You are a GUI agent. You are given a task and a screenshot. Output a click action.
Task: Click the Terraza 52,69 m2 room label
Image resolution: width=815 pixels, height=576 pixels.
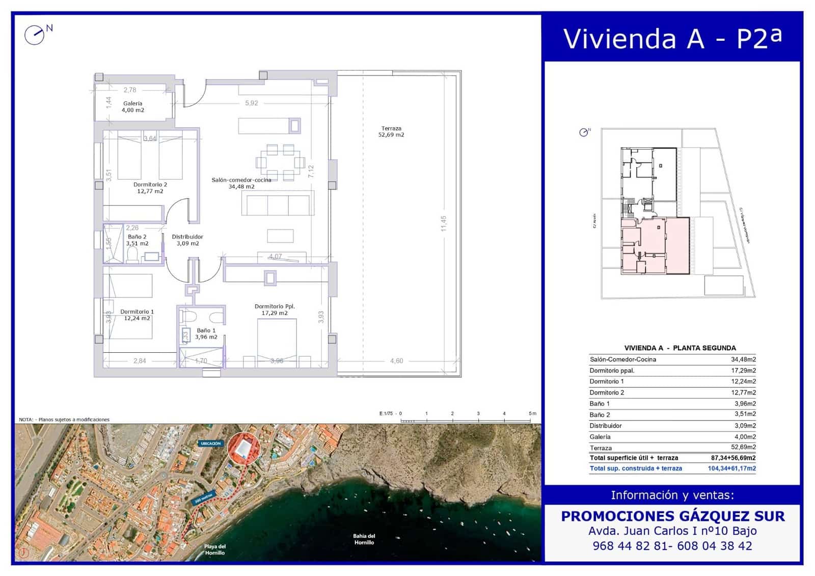[x=391, y=132]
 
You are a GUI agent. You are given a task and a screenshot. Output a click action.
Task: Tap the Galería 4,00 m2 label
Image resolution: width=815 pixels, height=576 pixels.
[x=132, y=107]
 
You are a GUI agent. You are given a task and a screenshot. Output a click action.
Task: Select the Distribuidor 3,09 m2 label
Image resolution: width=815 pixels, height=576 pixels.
[x=187, y=240]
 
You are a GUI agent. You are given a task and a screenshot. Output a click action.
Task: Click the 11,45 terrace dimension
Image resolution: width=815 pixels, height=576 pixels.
[x=444, y=223]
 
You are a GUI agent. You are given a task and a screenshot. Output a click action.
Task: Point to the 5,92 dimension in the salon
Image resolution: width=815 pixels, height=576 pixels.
[x=252, y=103]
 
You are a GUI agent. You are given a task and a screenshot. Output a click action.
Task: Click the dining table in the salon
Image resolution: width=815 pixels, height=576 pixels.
[x=280, y=163]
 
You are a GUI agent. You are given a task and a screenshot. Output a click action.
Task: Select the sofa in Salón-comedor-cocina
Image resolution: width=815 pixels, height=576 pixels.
[x=278, y=204]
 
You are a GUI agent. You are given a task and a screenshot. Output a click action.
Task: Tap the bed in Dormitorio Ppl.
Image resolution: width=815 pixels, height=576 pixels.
[x=277, y=343]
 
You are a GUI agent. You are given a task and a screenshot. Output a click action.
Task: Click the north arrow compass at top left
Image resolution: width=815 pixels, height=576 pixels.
[x=35, y=35]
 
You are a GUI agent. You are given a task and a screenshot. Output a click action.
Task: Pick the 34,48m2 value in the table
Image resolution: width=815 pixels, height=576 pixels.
[x=743, y=359]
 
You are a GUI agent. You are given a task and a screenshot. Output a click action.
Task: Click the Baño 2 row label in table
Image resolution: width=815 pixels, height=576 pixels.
[x=600, y=414]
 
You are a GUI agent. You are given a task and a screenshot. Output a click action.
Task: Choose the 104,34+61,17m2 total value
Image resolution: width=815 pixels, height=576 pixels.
[x=731, y=468]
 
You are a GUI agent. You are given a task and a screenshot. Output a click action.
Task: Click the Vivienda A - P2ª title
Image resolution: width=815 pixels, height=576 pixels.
[x=672, y=38]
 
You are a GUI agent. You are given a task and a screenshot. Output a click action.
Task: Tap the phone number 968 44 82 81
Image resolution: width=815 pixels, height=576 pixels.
[x=630, y=546]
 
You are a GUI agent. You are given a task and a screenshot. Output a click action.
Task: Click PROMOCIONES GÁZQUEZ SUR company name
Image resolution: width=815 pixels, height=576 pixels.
[x=672, y=516]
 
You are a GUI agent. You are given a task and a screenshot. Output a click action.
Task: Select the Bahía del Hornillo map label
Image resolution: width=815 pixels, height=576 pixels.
[x=364, y=539]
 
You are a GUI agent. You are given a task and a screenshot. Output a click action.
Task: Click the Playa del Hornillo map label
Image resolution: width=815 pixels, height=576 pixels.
[x=214, y=549]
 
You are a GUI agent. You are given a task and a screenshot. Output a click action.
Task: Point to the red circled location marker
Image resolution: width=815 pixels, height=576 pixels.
[x=243, y=449]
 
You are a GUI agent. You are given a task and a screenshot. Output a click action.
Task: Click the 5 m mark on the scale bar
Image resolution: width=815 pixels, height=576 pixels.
[x=532, y=414]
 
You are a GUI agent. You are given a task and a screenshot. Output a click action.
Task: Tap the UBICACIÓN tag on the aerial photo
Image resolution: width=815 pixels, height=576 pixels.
[x=210, y=443]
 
